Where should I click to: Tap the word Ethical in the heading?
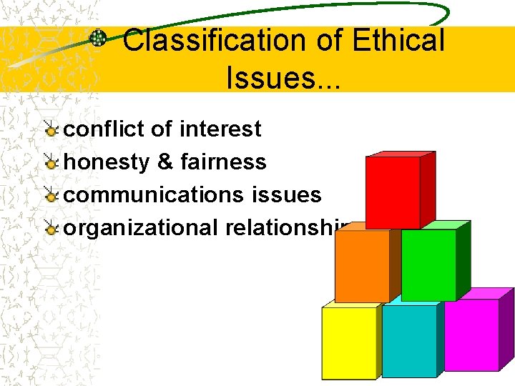pos(398,41)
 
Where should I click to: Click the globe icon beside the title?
pos(98,39)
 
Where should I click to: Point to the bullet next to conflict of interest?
pos(51,130)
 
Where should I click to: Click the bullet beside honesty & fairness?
pos(51,163)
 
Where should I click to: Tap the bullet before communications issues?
pos(51,196)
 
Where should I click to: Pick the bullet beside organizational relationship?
pos(51,229)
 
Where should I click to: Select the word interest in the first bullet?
pos(221,129)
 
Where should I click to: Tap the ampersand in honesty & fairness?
pos(165,162)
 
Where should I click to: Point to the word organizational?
pos(141,228)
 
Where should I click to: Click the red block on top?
pos(393,191)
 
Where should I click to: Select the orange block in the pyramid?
pos(363,265)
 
